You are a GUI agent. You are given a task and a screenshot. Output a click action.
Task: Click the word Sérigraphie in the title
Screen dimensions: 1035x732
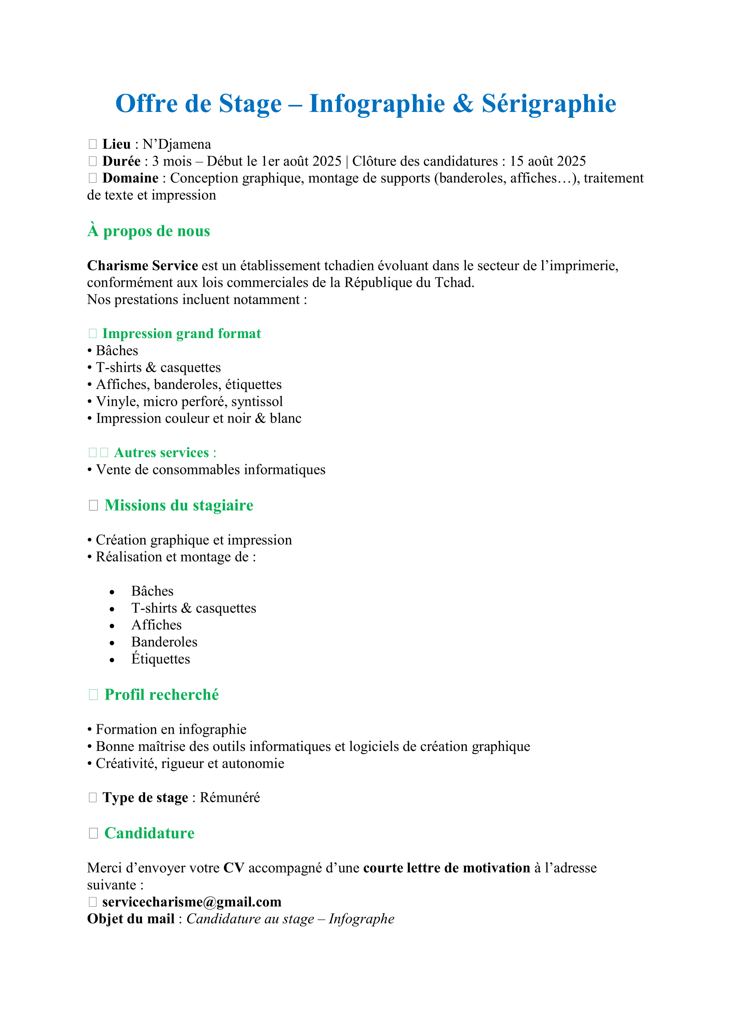tap(548, 104)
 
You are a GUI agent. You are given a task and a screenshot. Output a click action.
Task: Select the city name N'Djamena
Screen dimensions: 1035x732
tap(177, 144)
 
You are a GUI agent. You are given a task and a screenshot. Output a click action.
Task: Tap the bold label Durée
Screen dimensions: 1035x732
tap(121, 162)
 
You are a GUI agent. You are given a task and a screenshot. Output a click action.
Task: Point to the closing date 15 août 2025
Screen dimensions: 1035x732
tap(547, 162)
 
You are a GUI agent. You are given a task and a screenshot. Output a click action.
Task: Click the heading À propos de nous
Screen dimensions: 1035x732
tap(149, 231)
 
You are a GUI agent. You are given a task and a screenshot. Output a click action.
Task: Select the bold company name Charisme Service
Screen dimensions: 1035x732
tap(143, 265)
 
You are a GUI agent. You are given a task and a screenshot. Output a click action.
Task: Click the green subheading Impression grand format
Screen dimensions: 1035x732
tap(181, 334)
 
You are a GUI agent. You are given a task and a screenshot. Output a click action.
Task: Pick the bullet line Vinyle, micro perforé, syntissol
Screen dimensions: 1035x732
tap(189, 402)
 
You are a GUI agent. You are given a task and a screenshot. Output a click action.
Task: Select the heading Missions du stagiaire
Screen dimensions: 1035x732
tap(179, 505)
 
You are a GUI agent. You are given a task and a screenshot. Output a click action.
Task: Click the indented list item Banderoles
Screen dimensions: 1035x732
tap(165, 642)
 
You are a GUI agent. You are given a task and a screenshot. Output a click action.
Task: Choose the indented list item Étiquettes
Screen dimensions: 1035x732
tap(161, 659)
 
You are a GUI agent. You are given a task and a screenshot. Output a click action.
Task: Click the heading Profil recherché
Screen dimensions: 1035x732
tap(162, 695)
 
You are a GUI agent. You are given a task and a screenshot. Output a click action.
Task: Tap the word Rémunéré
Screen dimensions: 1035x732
tap(230, 797)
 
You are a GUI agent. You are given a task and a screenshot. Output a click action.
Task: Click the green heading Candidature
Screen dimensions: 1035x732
tap(149, 833)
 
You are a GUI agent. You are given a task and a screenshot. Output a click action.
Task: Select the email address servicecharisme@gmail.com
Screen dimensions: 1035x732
tap(192, 902)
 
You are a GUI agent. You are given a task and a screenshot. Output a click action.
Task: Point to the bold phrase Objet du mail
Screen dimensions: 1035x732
tap(131, 919)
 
